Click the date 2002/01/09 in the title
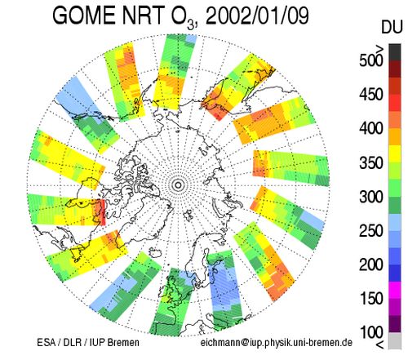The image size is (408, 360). click(257, 16)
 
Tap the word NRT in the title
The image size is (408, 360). click(144, 16)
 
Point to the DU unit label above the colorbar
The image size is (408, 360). click(392, 27)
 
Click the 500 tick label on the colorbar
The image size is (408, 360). click(371, 60)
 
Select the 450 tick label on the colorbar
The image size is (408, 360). click(371, 95)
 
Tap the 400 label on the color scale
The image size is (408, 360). click(371, 128)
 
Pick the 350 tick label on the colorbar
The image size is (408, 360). click(371, 162)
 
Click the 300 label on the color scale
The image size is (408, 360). click(371, 197)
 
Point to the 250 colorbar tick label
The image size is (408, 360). click(371, 231)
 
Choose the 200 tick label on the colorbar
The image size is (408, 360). click(371, 264)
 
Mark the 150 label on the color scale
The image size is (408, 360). click(371, 299)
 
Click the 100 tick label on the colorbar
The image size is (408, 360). click(371, 332)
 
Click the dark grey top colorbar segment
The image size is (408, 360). click(395, 52)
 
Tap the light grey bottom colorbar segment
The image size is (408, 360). click(395, 340)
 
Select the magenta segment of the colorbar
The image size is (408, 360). click(395, 290)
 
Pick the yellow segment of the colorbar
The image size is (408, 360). click(395, 154)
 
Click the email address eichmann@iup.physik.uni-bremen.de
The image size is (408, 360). click(277, 343)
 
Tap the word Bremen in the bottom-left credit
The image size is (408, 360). click(123, 342)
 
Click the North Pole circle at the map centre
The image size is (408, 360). click(178, 185)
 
